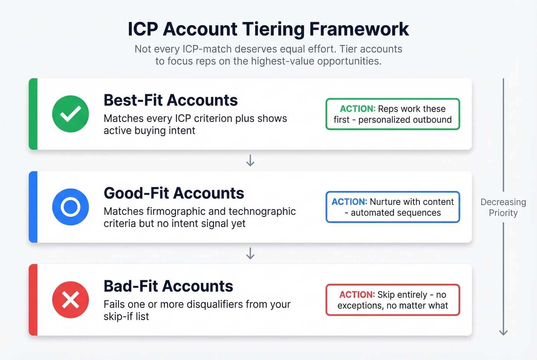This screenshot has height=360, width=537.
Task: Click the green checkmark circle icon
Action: pyautogui.click(x=71, y=114)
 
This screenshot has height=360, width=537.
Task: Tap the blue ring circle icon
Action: pyautogui.click(x=71, y=207)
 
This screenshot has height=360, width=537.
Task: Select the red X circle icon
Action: pyautogui.click(x=71, y=300)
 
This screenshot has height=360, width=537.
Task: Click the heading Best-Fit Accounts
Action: pyautogui.click(x=171, y=100)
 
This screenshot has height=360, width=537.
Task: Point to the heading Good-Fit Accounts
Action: pyautogui.click(x=174, y=193)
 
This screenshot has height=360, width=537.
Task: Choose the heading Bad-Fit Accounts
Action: pyautogui.click(x=168, y=286)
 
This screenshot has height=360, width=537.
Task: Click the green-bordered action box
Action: pyautogui.click(x=392, y=114)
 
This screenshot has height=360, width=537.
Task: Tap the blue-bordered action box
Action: pyautogui.click(x=392, y=207)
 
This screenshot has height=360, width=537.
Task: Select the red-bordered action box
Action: pyautogui.click(x=392, y=300)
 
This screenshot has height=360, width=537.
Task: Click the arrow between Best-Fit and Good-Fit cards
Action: pyautogui.click(x=250, y=160)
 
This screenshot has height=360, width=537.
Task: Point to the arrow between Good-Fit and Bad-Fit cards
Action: pyautogui.click(x=250, y=253)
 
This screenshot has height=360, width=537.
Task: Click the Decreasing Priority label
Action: pyautogui.click(x=503, y=207)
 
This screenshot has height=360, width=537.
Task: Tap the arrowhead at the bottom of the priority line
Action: pyautogui.click(x=503, y=332)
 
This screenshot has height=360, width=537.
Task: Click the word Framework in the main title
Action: pyautogui.click(x=359, y=29)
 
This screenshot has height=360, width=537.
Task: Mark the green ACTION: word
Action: pyautogui.click(x=357, y=109)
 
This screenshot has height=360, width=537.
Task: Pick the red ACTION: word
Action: pyautogui.click(x=357, y=295)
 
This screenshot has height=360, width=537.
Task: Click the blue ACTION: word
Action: pyautogui.click(x=349, y=202)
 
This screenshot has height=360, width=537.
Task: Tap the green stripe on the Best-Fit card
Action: pyautogui.click(x=33, y=114)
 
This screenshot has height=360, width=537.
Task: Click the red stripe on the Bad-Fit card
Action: pyautogui.click(x=33, y=300)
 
